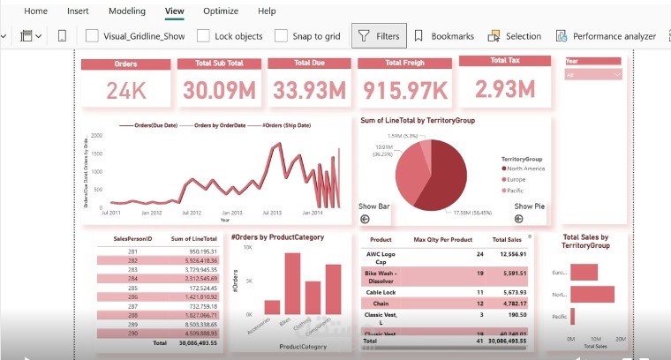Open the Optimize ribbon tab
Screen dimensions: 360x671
pos(220,11)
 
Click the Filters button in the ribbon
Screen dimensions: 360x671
pos(379,36)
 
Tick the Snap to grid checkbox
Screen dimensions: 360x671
pos(282,36)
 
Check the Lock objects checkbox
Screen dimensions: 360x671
pos(204,36)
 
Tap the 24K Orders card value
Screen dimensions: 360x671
pos(125,90)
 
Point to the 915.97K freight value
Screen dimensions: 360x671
pos(402,90)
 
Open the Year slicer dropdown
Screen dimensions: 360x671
pos(595,75)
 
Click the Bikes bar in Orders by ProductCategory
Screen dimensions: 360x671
pos(292,283)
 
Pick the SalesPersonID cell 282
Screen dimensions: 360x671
pos(133,262)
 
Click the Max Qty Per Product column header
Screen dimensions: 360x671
pos(442,240)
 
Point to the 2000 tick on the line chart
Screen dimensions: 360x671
pos(96,136)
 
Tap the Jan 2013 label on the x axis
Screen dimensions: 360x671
pos(232,213)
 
